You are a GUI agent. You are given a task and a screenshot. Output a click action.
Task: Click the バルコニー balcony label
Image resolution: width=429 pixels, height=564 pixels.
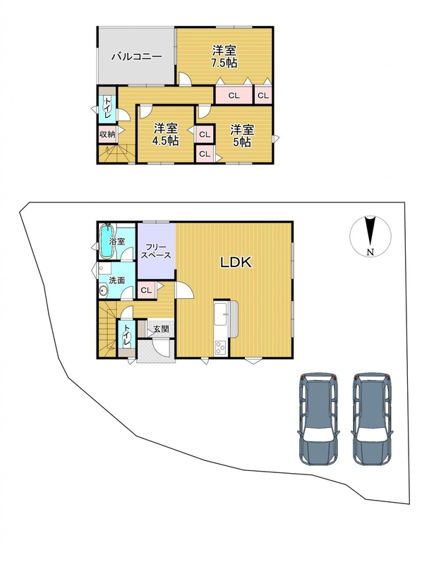point(137,57)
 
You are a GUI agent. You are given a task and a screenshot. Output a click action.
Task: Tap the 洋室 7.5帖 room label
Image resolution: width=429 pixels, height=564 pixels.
point(224,56)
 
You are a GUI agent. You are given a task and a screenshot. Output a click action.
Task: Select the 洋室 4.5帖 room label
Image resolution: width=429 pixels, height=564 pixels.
point(166,135)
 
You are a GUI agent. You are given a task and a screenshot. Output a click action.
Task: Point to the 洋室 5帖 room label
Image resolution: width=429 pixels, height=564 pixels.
point(242,135)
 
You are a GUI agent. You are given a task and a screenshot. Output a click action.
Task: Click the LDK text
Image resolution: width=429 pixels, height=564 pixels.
point(236,262)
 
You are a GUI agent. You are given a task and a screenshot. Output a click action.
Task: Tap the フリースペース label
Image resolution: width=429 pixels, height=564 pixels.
point(155,252)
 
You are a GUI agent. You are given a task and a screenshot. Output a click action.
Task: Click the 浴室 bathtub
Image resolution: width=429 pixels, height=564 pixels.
point(106,241)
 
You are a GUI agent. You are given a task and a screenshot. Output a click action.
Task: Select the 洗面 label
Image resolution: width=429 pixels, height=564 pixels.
point(116,280)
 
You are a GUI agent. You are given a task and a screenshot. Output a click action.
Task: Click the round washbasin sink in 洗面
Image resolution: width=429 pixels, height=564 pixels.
point(103,291)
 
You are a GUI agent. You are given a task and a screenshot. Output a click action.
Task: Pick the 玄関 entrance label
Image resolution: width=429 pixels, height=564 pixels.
point(161,329)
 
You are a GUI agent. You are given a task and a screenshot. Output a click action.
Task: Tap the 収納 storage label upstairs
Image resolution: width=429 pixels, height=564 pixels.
point(107,135)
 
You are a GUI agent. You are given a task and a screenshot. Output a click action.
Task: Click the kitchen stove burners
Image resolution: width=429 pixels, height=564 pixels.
point(220,348)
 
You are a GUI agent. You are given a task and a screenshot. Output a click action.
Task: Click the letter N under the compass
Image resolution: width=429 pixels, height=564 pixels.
point(370,252)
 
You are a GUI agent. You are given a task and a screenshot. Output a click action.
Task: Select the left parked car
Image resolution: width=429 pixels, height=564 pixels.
point(318,419)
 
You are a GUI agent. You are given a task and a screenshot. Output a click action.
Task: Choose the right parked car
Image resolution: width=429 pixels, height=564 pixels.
point(372,419)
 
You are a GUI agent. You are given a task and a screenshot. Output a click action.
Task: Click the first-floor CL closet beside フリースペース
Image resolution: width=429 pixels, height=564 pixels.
point(147,290)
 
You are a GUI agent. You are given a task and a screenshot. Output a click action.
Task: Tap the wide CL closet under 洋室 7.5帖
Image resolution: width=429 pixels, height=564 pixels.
point(234,95)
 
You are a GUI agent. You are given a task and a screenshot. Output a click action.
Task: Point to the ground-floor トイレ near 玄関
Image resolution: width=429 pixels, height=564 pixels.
point(127,336)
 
